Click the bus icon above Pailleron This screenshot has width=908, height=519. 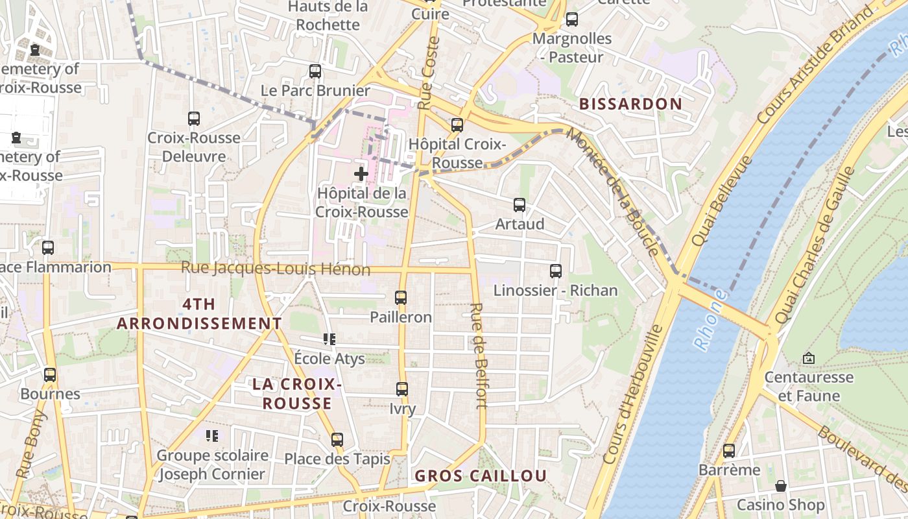tap(401, 298)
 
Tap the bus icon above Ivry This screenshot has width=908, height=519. tap(402, 389)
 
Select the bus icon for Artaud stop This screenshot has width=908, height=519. tap(520, 205)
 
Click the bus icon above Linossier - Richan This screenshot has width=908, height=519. tap(556, 271)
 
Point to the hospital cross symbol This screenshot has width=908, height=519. tap(361, 174)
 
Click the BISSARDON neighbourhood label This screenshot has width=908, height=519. tap(630, 104)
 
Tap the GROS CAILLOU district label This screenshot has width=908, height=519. tap(481, 476)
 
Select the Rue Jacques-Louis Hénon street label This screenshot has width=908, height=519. tap(276, 269)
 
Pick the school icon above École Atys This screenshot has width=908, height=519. tap(329, 339)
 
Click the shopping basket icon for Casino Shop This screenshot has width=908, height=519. tap(781, 486)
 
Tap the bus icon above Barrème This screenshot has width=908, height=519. tap(729, 451)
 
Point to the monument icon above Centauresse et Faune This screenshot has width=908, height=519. tap(808, 358)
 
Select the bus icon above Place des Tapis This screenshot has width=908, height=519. tap(337, 440)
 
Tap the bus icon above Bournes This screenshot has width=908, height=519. tap(50, 375)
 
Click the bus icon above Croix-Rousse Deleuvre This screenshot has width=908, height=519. tap(193, 119)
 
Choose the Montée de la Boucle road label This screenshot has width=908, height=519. tap(613, 192)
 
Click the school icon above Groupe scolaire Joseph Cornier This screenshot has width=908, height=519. tap(212, 436)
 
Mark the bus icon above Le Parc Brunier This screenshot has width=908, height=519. tap(315, 71)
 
